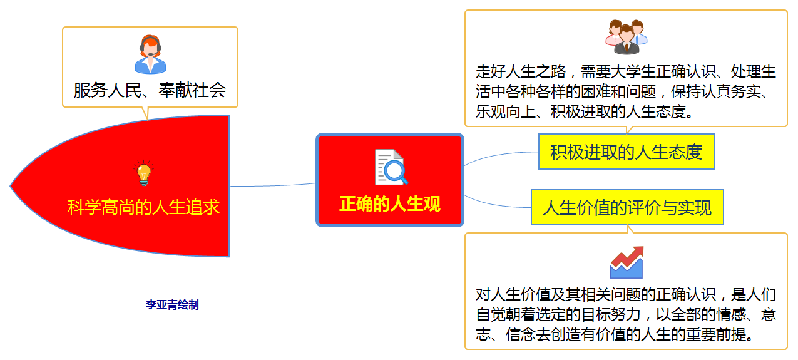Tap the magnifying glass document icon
[x=391, y=167]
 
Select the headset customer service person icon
[x=150, y=55]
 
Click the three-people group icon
[x=626, y=37]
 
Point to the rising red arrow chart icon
[x=627, y=262]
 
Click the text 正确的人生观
[x=390, y=204]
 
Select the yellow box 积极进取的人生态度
[x=626, y=152]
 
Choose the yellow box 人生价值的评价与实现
[x=627, y=207]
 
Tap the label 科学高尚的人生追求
[x=143, y=207]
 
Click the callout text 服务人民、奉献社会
[x=150, y=90]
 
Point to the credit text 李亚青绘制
[x=172, y=305]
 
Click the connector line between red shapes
[x=273, y=185]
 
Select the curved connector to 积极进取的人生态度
[x=501, y=154]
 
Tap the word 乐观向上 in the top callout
[x=508, y=113]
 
